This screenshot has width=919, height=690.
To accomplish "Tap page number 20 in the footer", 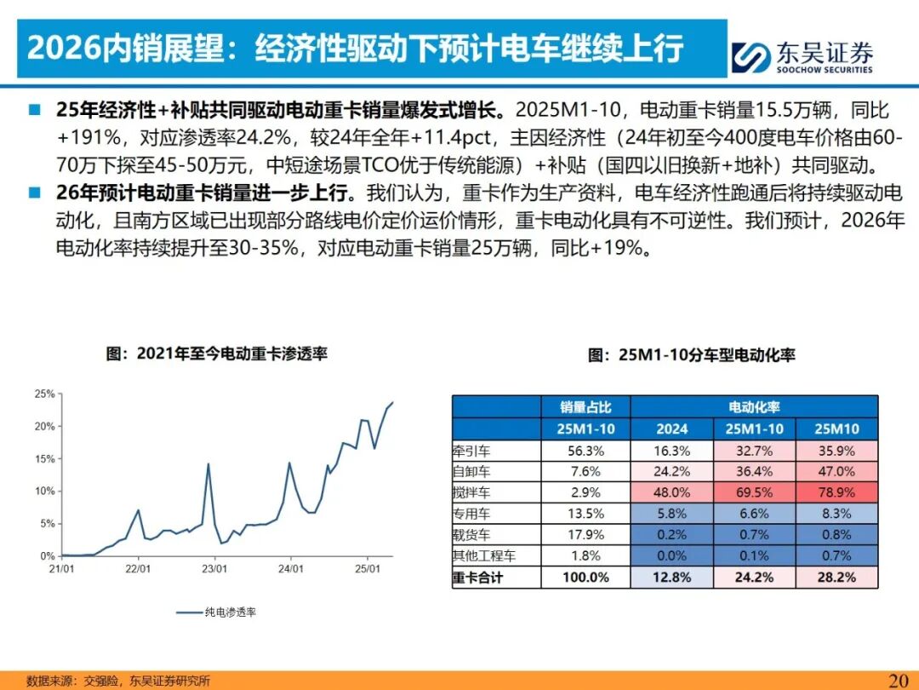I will coord(899,680).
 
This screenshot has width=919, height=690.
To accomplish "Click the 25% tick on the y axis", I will coord(44,394).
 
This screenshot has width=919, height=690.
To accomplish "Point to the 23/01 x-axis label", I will coord(214,568).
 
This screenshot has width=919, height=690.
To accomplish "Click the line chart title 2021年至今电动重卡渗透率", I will coord(216,354).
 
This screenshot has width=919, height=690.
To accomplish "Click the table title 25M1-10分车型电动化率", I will coord(691,355).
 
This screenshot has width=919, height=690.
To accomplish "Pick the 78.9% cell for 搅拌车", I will coord(836,492).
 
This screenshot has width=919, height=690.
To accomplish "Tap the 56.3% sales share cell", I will coord(585,450).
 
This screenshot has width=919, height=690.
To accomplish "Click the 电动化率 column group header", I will coord(754,406).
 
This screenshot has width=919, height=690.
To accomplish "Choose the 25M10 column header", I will coord(836,428).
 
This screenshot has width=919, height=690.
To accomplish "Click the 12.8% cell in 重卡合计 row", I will coord(672,578).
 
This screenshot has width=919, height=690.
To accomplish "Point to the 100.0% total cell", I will coord(585,578).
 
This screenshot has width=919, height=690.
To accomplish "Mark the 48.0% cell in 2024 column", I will coord(672,492).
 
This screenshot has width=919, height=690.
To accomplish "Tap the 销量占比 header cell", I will coord(585,406).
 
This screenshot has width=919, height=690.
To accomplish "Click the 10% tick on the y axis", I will coord(44,492).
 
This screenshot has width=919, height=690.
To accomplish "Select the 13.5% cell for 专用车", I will coord(585,514).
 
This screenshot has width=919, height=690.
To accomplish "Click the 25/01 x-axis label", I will coord(366,568).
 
